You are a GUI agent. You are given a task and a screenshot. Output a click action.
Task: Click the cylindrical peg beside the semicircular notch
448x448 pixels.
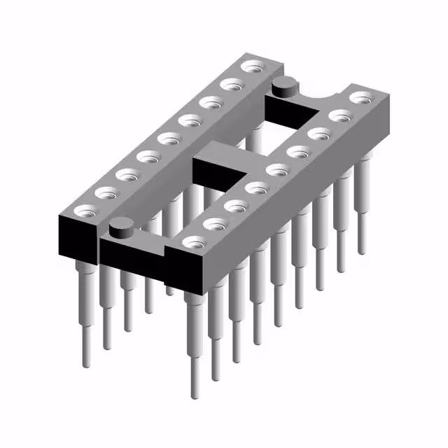click(x=284, y=87)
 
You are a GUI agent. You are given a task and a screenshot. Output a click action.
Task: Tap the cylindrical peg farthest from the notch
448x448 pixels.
click(x=121, y=227)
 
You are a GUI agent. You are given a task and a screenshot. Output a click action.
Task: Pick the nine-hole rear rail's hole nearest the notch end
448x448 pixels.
click(x=250, y=67)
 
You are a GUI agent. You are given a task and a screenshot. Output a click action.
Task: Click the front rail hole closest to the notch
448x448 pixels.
click(x=360, y=97)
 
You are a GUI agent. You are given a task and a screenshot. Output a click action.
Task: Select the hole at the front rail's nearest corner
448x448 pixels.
click(x=191, y=242)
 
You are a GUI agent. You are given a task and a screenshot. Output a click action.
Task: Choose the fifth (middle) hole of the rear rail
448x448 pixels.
click(x=167, y=138)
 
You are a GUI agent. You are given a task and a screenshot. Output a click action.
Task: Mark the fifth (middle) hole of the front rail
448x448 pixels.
click(x=277, y=169)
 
